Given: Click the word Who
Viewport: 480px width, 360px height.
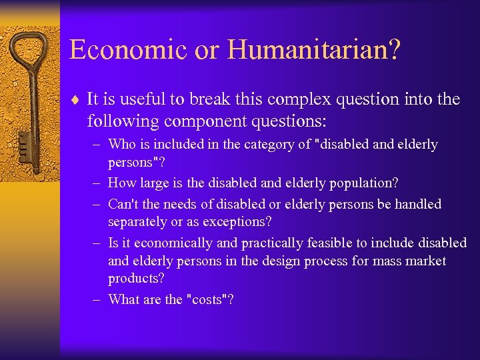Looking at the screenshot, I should (x=122, y=144).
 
